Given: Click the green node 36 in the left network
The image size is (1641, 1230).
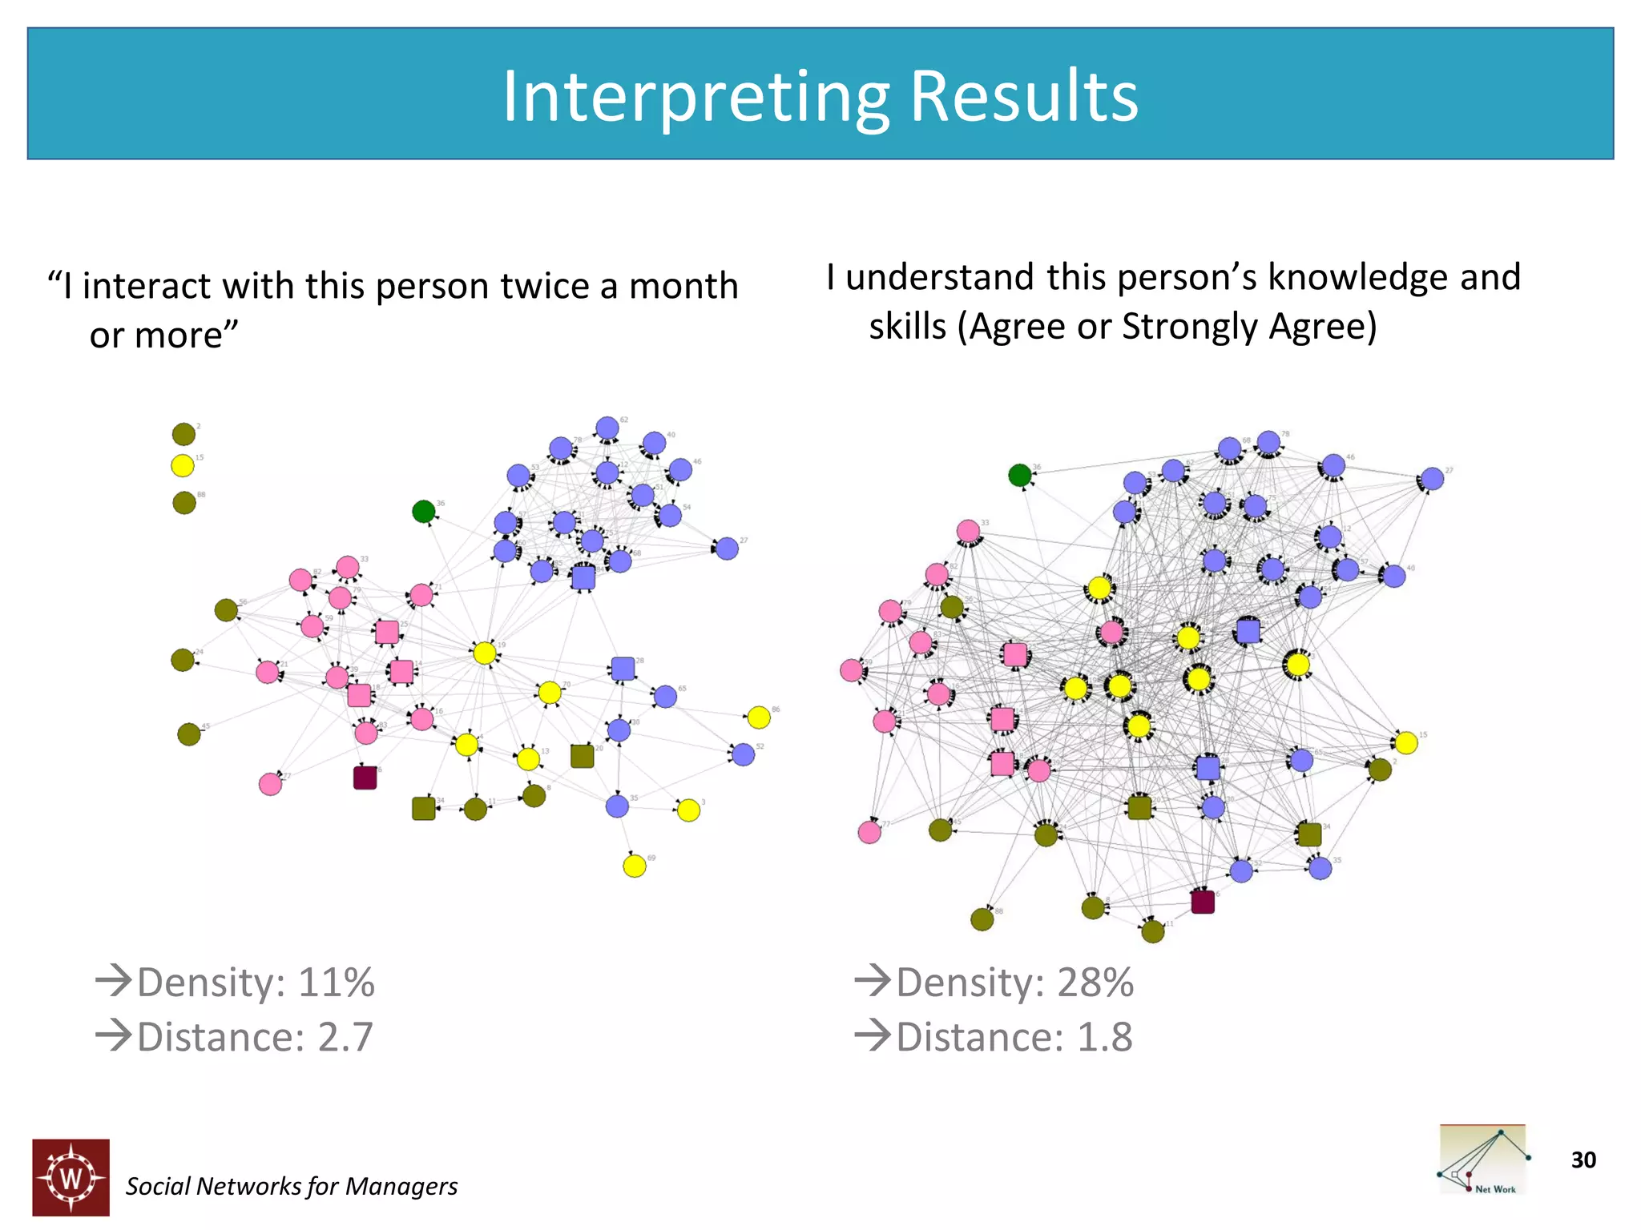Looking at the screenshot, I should tap(423, 511).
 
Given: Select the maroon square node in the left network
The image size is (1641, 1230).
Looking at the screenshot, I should tap(365, 778).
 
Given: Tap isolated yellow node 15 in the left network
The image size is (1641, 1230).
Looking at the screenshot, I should tap(183, 465).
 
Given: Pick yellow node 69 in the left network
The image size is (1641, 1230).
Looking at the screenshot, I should tap(635, 866).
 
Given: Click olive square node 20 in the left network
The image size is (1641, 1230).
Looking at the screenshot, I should tap(583, 756).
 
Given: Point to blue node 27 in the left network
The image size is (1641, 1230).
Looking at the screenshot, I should tap(727, 549).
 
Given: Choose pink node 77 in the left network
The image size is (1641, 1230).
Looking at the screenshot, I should tap(271, 784).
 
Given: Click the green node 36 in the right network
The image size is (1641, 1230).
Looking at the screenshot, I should tap(1019, 476).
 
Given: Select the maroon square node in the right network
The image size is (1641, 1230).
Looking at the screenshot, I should tap(1203, 902).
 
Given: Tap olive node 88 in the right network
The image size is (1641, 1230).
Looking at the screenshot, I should tap(982, 919).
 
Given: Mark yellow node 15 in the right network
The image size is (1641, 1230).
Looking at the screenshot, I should tap(1406, 742).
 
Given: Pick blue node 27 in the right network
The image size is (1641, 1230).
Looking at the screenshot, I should tap(1432, 479).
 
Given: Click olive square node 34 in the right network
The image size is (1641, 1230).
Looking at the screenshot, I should tap(1309, 834).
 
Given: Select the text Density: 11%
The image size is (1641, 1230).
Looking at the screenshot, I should tap(255, 982).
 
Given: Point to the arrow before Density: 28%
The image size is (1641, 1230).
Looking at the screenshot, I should tap(873, 980).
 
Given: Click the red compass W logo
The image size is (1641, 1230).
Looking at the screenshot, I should tap(71, 1177).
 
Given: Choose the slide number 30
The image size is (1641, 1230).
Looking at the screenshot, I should tap(1583, 1160).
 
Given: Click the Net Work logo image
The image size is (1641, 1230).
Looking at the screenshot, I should tap(1483, 1160).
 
